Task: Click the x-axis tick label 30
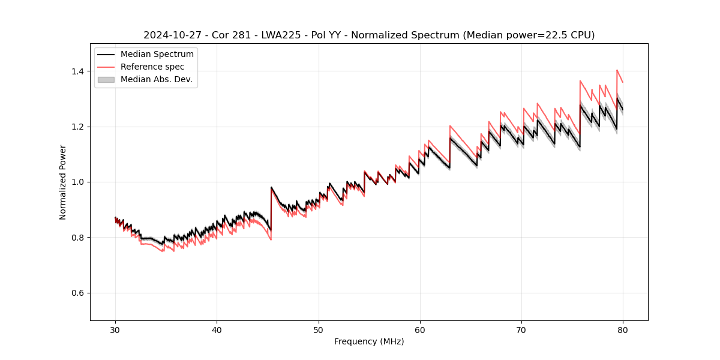[x=115, y=329]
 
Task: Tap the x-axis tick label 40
[x=217, y=329]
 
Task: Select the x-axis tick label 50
[x=318, y=329]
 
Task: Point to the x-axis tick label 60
[x=419, y=329]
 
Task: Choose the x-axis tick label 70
[x=521, y=329]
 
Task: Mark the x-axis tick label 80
[x=623, y=329]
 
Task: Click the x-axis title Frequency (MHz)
[x=369, y=341]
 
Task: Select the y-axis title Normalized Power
[x=63, y=182]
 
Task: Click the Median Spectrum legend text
[x=157, y=55]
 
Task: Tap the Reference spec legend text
[x=152, y=67]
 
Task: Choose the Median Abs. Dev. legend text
[x=157, y=79]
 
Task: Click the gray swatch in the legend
[x=106, y=79]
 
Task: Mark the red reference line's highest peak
[x=617, y=70]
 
